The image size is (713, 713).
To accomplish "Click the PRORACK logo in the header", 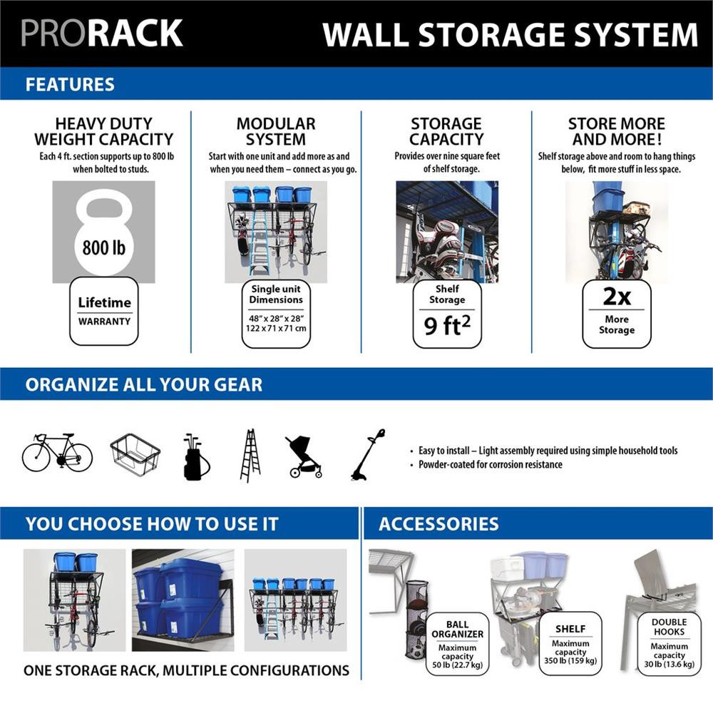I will coord(102,34).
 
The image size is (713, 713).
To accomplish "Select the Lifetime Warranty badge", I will coord(104,311).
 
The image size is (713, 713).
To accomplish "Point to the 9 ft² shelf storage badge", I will coord(447,314).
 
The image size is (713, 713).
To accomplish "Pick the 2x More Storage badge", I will coord(617,314).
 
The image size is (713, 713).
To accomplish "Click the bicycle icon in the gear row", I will coord(57,453).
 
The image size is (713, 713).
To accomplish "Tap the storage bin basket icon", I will coord(135,454).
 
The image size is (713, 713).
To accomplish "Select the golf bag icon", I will coord(195,456).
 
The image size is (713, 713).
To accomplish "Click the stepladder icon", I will coord(250,456).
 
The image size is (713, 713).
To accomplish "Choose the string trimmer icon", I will coord(369,455).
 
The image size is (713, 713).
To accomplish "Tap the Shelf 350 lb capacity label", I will coord(570,645).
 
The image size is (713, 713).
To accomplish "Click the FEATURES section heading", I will coord(70,84).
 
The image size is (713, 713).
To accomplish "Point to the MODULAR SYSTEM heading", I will coord(276,132).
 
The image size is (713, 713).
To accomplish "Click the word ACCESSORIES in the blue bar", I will coord(438,525).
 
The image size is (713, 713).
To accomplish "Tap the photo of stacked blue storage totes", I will coord(183,600).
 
